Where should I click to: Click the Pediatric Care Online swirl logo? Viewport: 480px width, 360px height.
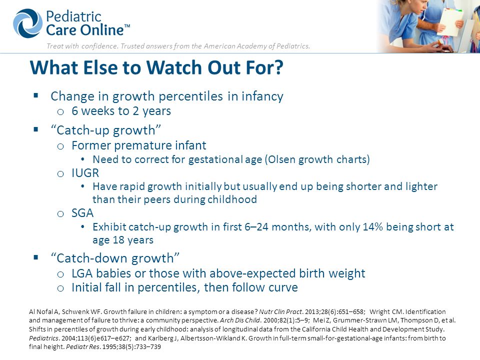coord(28,23)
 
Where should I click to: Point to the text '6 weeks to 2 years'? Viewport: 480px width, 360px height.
coord(121,111)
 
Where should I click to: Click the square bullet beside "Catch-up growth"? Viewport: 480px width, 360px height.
coord(36,129)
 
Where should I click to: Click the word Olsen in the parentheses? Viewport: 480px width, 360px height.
coord(280,159)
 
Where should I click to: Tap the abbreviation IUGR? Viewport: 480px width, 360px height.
coord(85,173)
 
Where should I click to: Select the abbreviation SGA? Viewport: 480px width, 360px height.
coord(82,213)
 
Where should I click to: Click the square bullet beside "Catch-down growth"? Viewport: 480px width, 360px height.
coord(36,257)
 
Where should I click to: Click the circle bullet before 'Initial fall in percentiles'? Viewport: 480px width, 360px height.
coord(60,288)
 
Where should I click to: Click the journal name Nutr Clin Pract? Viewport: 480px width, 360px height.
coord(280,312)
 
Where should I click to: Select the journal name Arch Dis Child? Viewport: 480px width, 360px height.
coord(239,320)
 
